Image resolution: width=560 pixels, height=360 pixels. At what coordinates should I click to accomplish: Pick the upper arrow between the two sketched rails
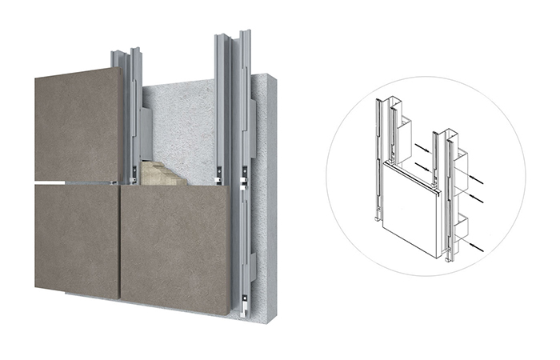click(419, 146)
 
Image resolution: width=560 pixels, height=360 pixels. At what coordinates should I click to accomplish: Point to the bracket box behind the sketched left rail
click(404, 132)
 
